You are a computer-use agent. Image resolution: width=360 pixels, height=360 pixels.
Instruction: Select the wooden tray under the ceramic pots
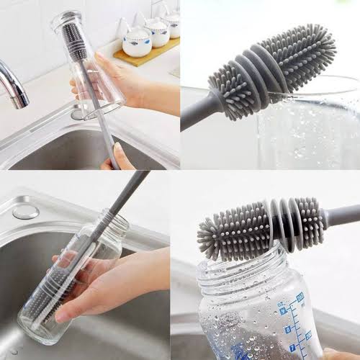(147, 54)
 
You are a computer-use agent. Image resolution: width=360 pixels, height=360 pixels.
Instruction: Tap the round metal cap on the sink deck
(26, 212)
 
